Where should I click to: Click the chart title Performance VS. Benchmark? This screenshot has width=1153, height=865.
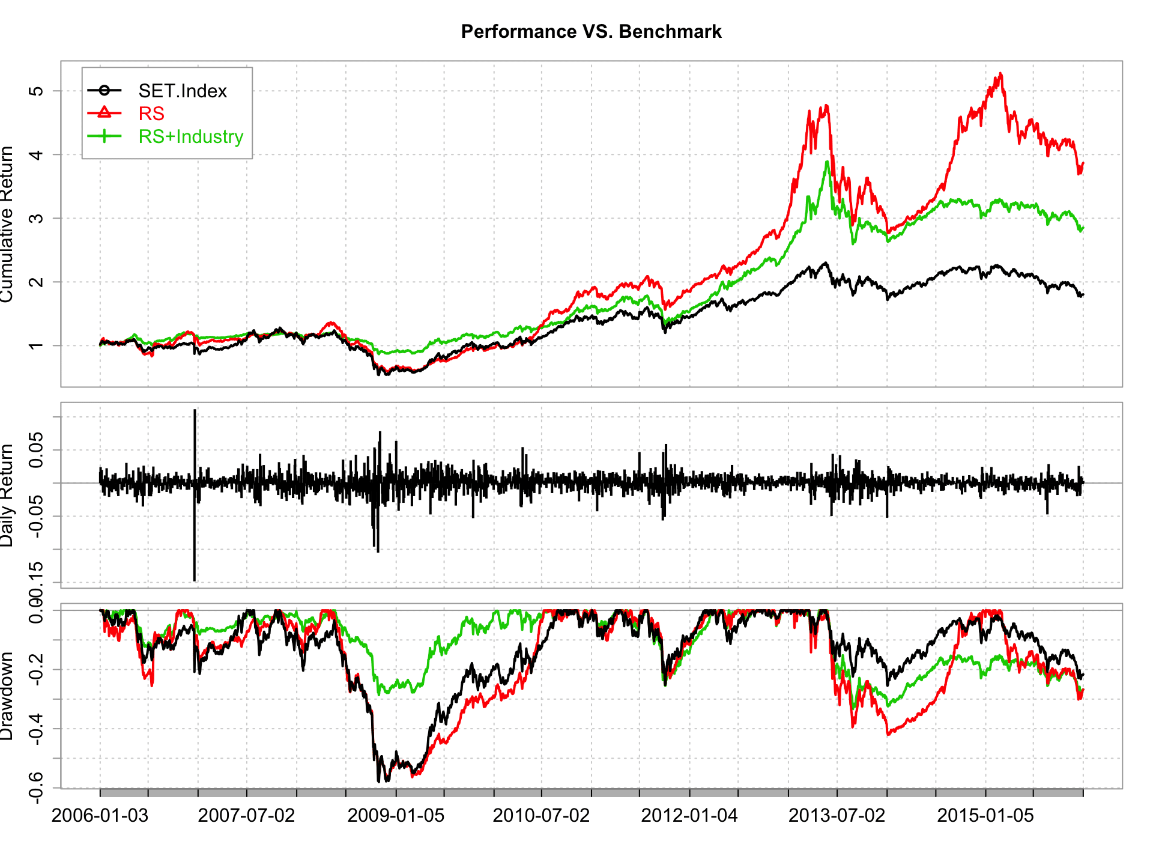point(591,31)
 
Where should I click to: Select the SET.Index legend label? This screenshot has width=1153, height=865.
point(183,91)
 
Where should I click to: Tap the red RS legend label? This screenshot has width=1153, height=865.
point(151,114)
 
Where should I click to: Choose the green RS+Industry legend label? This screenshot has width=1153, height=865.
point(190,136)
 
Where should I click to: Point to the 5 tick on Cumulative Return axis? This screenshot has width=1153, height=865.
point(37,91)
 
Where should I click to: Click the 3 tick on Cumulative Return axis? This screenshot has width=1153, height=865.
point(37,218)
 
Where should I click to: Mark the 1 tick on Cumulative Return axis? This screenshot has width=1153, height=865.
point(37,345)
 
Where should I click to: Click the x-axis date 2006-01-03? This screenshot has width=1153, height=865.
point(100,816)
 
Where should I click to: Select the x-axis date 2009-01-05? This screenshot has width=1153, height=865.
point(396,816)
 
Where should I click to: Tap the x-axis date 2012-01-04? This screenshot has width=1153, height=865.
point(689,816)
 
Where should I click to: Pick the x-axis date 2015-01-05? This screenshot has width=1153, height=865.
point(985,816)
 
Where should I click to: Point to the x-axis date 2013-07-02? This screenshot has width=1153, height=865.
point(837,816)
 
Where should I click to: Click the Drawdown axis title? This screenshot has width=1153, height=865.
point(7,697)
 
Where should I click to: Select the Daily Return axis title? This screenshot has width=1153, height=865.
point(7,496)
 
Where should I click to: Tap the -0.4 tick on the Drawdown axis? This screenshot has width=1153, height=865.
point(37,729)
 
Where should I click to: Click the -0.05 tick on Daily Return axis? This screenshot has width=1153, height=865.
point(37,516)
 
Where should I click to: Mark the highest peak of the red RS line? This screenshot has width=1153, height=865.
point(1000,74)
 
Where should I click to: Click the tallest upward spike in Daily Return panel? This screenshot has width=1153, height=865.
point(195,411)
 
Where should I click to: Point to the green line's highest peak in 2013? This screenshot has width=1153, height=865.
point(827,162)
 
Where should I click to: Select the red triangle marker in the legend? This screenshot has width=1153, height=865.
point(104,113)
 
